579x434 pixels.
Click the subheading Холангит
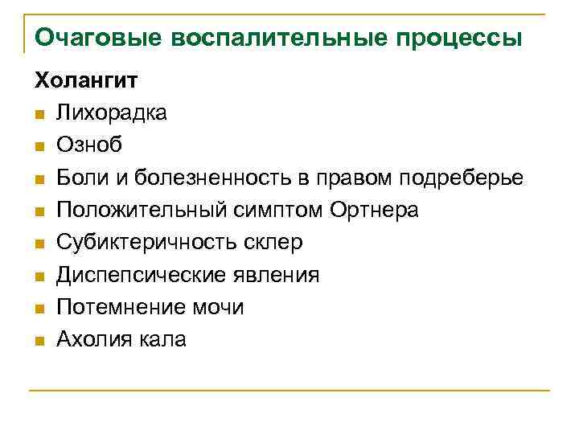[x=85, y=80]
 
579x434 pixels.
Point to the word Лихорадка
[x=112, y=113]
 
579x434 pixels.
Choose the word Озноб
[x=89, y=145]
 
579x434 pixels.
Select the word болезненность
[x=216, y=178]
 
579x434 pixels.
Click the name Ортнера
[x=374, y=210]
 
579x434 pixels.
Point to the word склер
[x=275, y=242]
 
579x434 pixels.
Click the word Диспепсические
[x=135, y=275]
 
